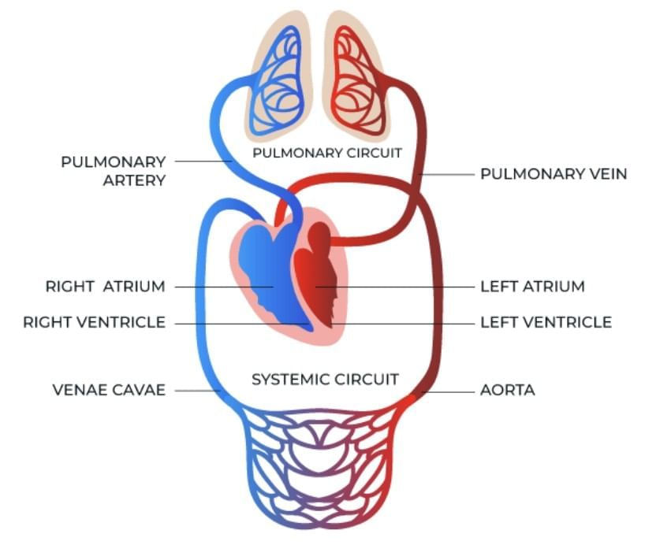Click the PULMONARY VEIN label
(554, 173)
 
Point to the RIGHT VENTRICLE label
(94, 322)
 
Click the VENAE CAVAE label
(109, 390)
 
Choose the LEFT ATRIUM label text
(532, 287)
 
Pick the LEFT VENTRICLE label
(546, 322)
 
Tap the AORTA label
(507, 390)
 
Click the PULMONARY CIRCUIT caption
(326, 153)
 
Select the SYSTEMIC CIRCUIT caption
(325, 380)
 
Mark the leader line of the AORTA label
(446, 390)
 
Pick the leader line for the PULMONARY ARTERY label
(202, 161)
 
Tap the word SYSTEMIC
(286, 380)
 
